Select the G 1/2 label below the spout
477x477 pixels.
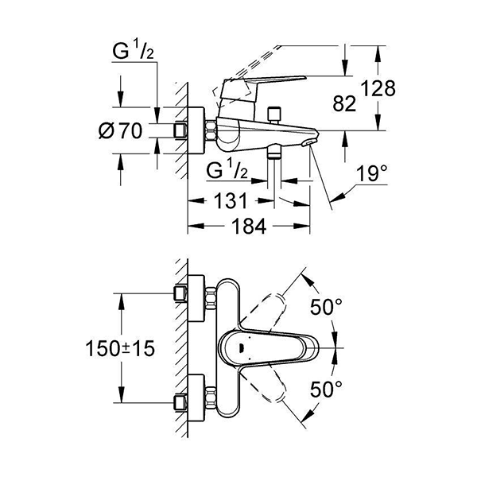coord(226,169)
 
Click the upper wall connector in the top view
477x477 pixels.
coord(182,296)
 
